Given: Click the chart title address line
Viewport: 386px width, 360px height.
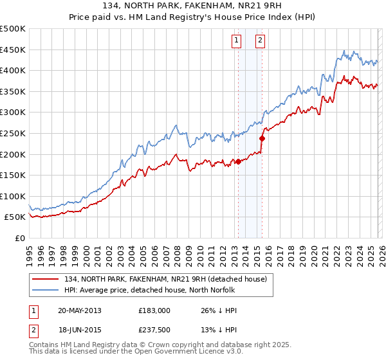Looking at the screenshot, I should click(193, 5).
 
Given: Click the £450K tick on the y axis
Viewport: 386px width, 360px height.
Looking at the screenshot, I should click(13, 50).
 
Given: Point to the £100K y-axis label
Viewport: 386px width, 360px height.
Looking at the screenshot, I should click(13, 196).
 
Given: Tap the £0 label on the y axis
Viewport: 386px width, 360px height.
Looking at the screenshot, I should click(19, 238).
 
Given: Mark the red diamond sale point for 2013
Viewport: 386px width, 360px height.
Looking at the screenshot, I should click(238, 161).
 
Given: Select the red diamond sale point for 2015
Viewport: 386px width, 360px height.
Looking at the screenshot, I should click(262, 138).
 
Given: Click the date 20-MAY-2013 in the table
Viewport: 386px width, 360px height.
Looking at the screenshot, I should click(79, 310).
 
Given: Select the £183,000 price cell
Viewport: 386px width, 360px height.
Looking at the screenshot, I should click(154, 310).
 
